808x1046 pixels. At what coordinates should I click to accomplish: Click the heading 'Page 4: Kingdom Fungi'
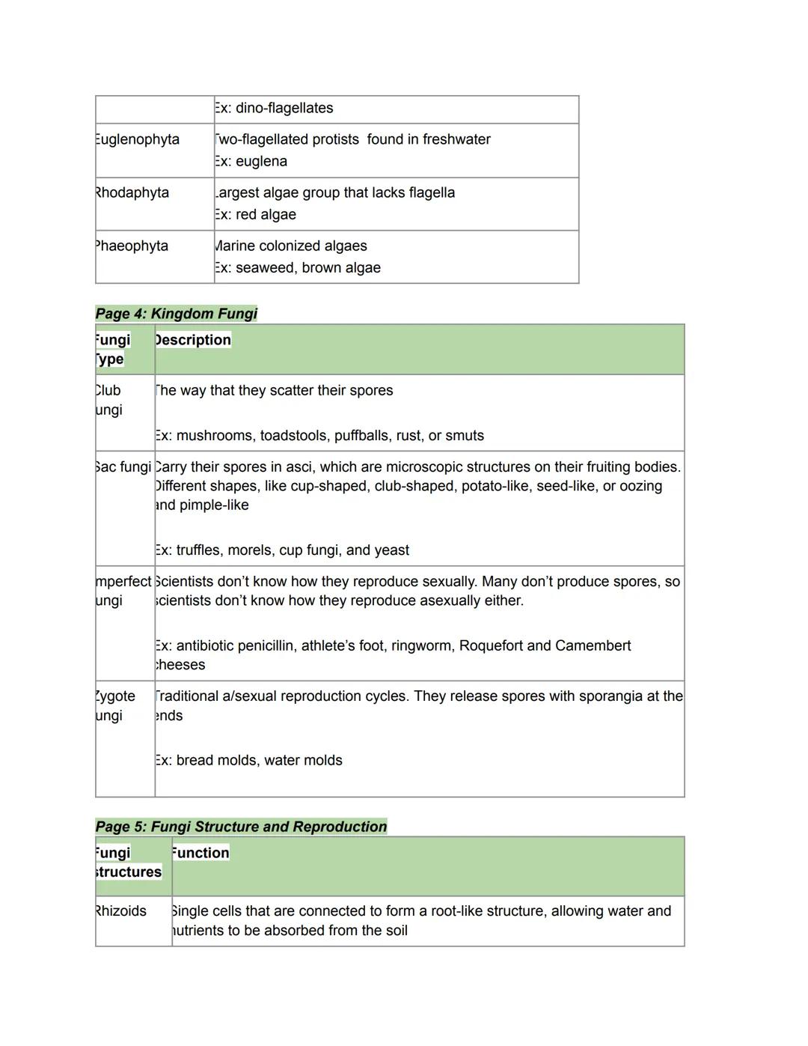[x=176, y=314]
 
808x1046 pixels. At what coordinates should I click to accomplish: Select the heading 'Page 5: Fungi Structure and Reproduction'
[x=241, y=827]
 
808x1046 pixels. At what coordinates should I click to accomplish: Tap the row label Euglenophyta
[x=138, y=140]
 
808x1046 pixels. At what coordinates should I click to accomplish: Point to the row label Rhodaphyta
[x=132, y=193]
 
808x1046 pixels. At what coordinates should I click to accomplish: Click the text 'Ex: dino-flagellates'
[x=274, y=109]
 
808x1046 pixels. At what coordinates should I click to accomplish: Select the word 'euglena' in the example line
[x=261, y=162]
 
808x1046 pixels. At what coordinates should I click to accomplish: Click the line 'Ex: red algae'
[x=255, y=215]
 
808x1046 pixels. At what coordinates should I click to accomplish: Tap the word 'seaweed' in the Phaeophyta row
[x=264, y=268]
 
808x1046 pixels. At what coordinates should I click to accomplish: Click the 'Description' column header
[x=193, y=340]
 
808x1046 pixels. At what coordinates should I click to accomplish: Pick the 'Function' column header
[x=201, y=853]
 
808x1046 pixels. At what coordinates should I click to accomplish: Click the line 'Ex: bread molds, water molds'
[x=248, y=761]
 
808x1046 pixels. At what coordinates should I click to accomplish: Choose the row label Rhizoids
[x=121, y=911]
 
